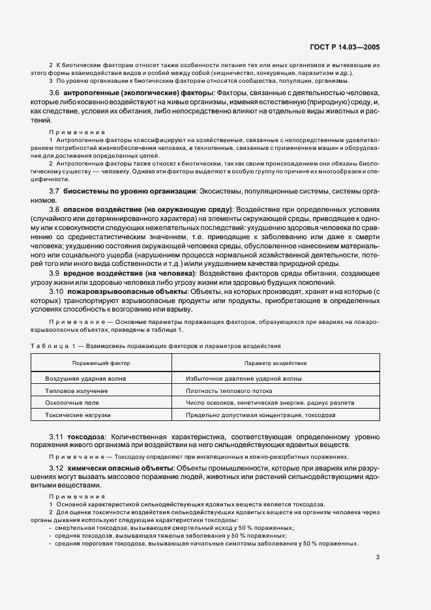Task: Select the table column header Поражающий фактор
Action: click(x=101, y=362)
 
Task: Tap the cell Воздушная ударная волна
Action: click(x=85, y=378)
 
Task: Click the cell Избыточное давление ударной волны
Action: click(x=243, y=378)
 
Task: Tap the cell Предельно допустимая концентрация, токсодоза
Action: click(x=260, y=414)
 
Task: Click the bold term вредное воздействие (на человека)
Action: click(x=121, y=273)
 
